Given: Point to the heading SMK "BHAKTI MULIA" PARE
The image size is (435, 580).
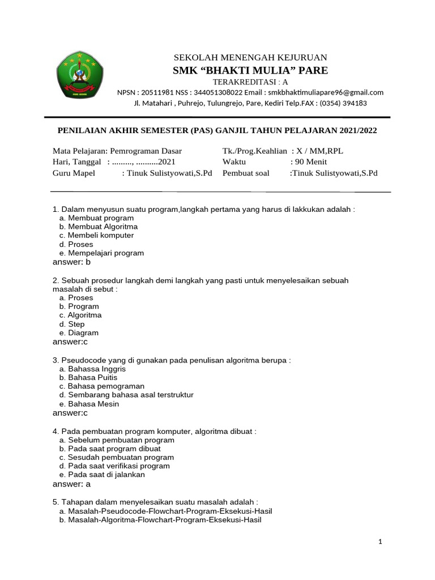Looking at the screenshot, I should point(250,70).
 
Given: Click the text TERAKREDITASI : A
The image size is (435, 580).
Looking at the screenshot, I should point(250,82).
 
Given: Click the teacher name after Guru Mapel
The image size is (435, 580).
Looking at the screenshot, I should point(169,173).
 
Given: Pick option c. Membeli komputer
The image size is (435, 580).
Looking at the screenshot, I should point(96,235).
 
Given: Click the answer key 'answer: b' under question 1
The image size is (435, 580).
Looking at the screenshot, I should point(72,262).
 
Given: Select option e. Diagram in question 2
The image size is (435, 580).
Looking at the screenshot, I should point(79,333).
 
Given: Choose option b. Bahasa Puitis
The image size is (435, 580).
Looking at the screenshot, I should point(91,377).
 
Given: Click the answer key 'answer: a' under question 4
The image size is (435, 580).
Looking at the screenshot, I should point(72,484).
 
